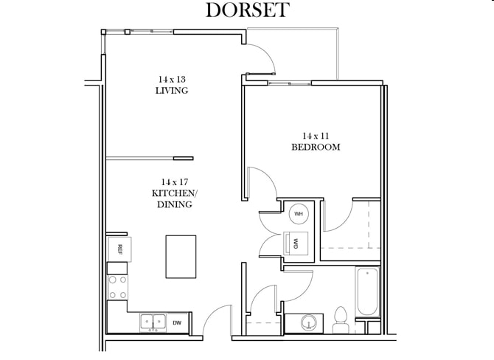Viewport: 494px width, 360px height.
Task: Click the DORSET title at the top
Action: pyautogui.click(x=247, y=10)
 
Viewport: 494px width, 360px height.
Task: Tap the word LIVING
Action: pyautogui.click(x=172, y=91)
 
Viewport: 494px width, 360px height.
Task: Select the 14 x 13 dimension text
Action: pyautogui.click(x=172, y=79)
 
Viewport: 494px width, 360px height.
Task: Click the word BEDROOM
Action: pyautogui.click(x=315, y=147)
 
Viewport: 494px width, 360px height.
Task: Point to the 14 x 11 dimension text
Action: pyautogui.click(x=315, y=135)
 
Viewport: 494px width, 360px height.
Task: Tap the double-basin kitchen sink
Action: pyautogui.click(x=154, y=322)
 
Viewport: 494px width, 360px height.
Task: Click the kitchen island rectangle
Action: pyautogui.click(x=181, y=257)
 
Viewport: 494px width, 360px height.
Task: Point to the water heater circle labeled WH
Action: pyautogui.click(x=299, y=214)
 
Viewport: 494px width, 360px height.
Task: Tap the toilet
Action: pyautogui.click(x=341, y=318)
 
